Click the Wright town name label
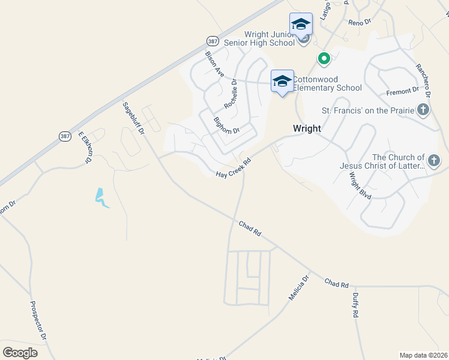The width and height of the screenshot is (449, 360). coord(307,128)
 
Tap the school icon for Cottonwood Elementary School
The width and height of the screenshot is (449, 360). coord(282,81)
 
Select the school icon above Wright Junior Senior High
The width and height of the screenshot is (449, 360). coord(301,25)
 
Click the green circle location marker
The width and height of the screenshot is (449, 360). coord(324,59)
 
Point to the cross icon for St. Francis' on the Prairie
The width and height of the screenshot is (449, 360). coord(423,109)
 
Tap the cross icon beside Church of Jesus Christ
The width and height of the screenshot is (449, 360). coord(434,160)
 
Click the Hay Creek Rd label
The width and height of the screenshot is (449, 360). coord(233,167)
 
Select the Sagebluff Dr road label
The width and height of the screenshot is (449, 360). coord(134,118)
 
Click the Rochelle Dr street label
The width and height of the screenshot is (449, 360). coord(231,95)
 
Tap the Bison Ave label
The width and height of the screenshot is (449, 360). coord(214,64)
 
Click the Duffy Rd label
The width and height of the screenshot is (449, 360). coord(356,304)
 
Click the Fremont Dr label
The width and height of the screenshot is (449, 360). coord(403,91)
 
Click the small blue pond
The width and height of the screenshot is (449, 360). coord(100,198)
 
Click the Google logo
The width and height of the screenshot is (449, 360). coord(20,353)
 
